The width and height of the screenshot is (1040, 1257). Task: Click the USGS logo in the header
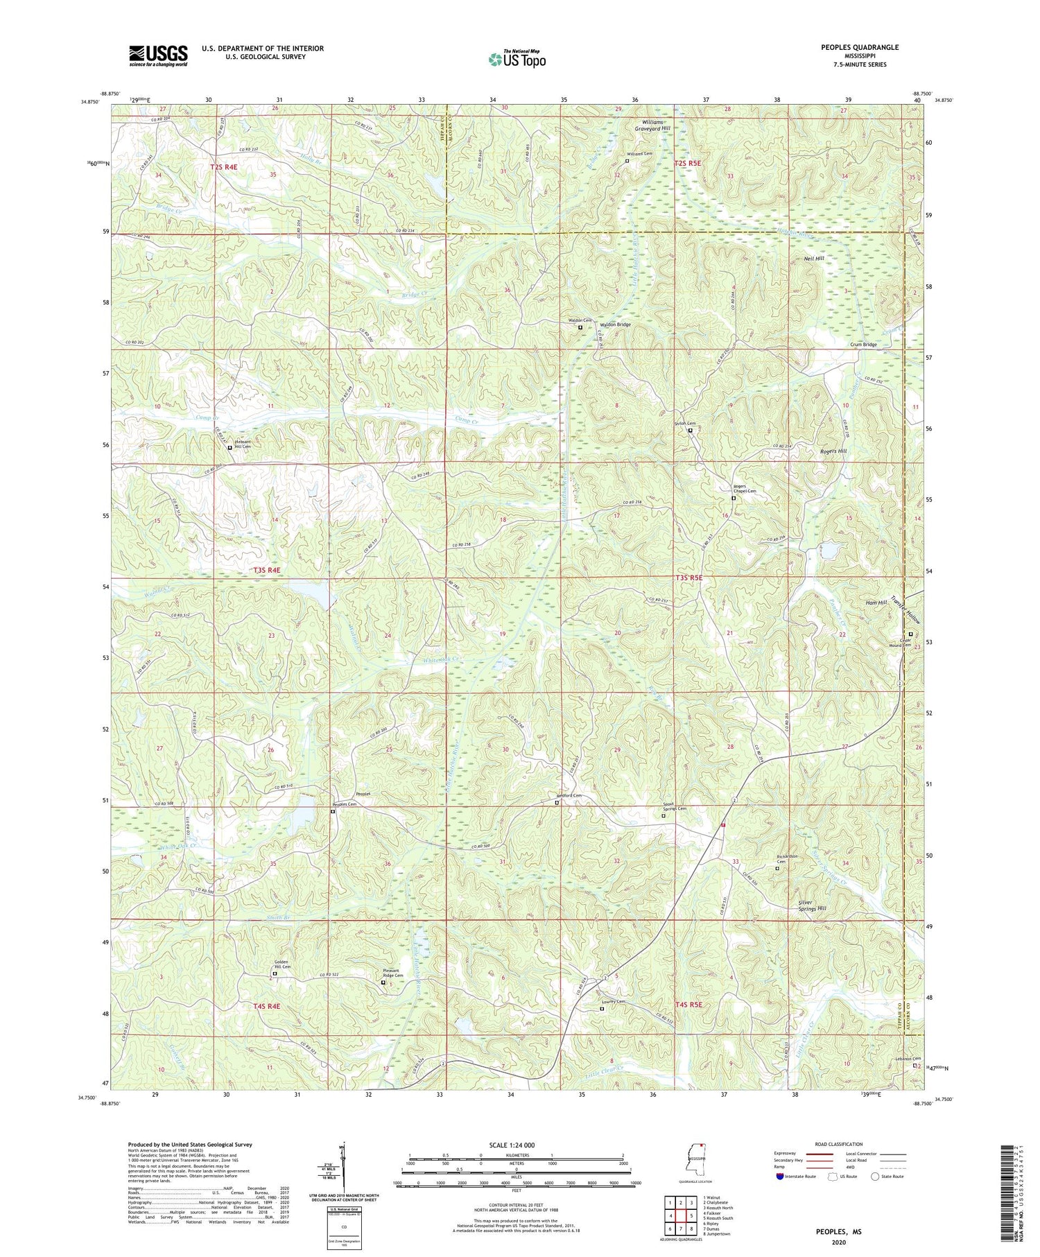tap(158, 55)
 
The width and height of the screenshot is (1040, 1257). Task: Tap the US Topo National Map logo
tap(517, 59)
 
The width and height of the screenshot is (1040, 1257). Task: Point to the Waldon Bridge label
tap(615, 324)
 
